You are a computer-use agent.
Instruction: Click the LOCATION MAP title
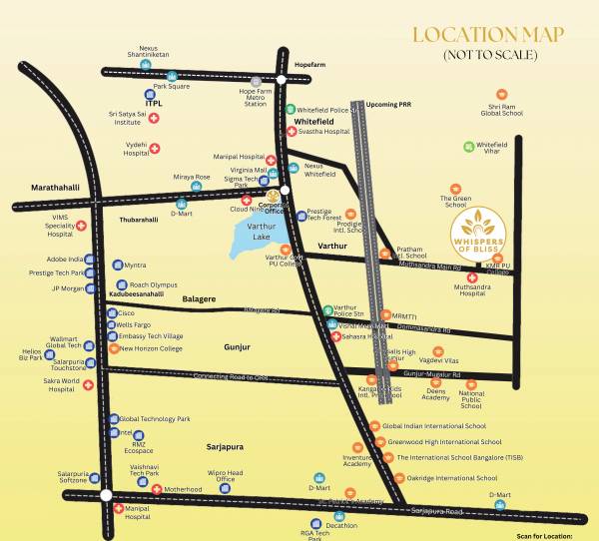490,35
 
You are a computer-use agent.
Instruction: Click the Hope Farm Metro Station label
262,98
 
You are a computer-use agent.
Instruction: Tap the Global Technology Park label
154,418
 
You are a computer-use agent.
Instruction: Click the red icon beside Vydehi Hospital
154,149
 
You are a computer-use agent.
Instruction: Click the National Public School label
471,399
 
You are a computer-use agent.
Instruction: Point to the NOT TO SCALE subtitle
489,57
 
